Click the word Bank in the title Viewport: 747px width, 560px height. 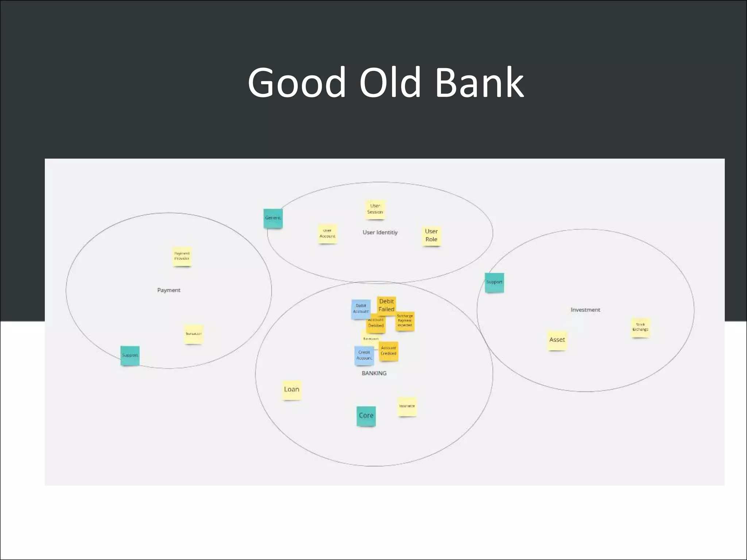pos(479,83)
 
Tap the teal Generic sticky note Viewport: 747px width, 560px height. pos(273,218)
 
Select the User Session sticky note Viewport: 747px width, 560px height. pos(375,209)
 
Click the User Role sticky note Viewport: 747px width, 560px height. pos(431,236)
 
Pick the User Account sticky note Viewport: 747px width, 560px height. pos(327,234)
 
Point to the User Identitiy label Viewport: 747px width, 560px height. pos(380,232)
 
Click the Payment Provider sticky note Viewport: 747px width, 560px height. pos(182,256)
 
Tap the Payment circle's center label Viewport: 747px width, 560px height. pos(169,290)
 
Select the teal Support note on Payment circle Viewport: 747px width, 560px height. pos(130,355)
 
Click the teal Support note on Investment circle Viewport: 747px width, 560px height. pos(494,283)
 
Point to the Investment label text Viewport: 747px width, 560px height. pos(585,310)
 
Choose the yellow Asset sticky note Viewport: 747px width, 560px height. pos(557,340)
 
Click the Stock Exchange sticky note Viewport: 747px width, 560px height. pos(640,327)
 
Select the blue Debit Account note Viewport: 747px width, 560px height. pos(360,309)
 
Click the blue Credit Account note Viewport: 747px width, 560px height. pos(364,355)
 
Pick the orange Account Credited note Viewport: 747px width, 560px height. pos(388,351)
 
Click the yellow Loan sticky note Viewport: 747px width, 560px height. pos(291,390)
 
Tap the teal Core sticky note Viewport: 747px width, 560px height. pos(366,416)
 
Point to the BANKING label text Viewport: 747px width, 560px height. pos(374,373)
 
